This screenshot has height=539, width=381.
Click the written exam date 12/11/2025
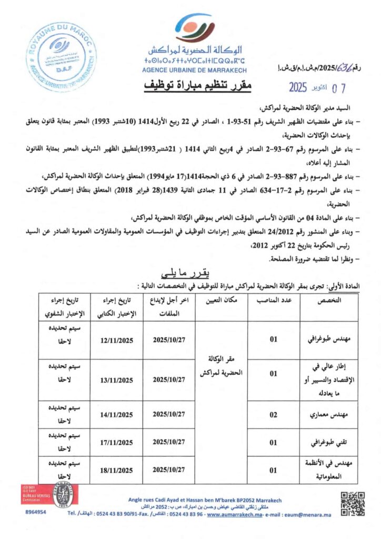click(x=116, y=340)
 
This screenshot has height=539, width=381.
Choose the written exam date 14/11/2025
click(x=116, y=415)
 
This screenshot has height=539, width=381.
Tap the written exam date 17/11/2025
click(x=116, y=443)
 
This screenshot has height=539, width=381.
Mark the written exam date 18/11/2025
click(x=116, y=470)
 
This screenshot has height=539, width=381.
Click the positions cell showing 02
click(x=274, y=415)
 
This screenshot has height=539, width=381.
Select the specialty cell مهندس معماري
click(x=325, y=415)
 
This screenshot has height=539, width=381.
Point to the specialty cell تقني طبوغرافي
click(x=325, y=443)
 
